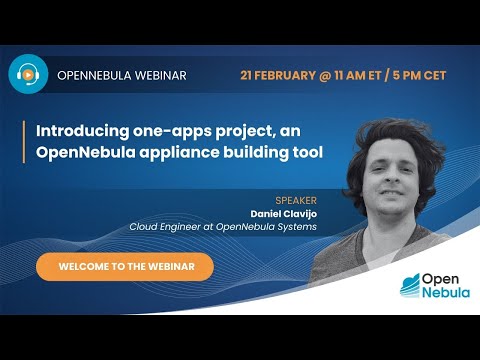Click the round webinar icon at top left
coord(29,74)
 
